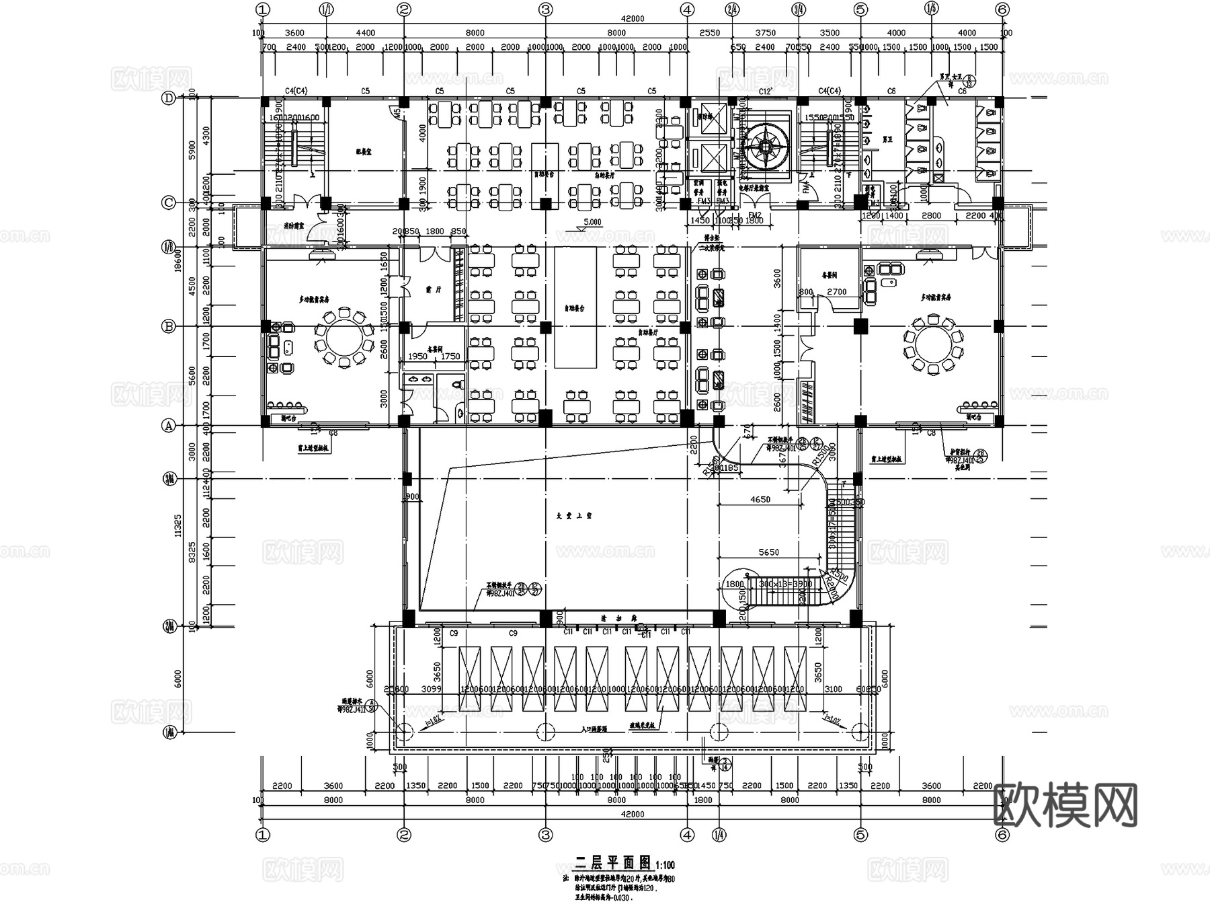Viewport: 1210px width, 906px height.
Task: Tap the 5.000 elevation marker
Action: [x=592, y=222]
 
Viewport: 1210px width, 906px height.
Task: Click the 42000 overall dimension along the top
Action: [x=633, y=19]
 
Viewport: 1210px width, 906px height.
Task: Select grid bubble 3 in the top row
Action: [x=545, y=9]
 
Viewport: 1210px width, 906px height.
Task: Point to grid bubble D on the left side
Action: [x=169, y=98]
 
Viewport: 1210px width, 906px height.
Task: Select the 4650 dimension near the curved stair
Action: [x=760, y=500]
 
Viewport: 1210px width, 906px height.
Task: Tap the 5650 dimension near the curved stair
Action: [x=768, y=552]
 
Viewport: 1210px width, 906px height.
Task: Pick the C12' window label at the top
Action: [x=765, y=91]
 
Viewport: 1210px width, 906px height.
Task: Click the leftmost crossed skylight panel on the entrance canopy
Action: [x=470, y=678]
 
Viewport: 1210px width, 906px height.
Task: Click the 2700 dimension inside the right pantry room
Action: [x=836, y=292]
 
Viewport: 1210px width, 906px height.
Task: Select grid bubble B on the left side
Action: [x=169, y=327]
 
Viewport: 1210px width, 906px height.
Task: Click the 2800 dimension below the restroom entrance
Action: [x=931, y=216]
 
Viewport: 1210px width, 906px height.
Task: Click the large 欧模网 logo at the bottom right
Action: [x=1065, y=805]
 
